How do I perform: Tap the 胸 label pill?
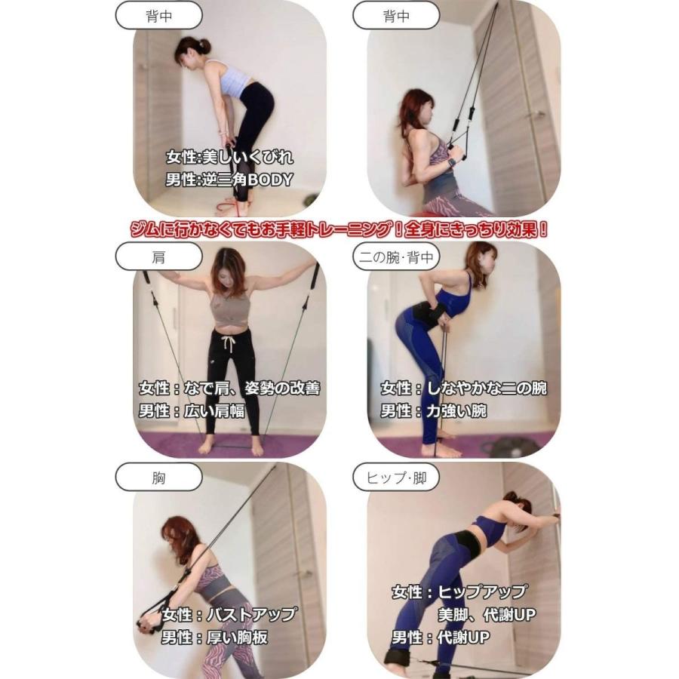[158, 478]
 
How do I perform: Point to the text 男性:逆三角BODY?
[229, 180]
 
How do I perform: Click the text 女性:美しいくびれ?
[229, 158]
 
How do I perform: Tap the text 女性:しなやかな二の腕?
[463, 389]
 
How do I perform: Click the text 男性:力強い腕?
[433, 411]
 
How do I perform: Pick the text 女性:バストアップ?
[229, 614]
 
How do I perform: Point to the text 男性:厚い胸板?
[214, 638]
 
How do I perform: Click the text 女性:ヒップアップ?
[459, 592]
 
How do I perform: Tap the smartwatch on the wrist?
[452, 161]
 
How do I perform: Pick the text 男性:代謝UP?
[440, 638]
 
